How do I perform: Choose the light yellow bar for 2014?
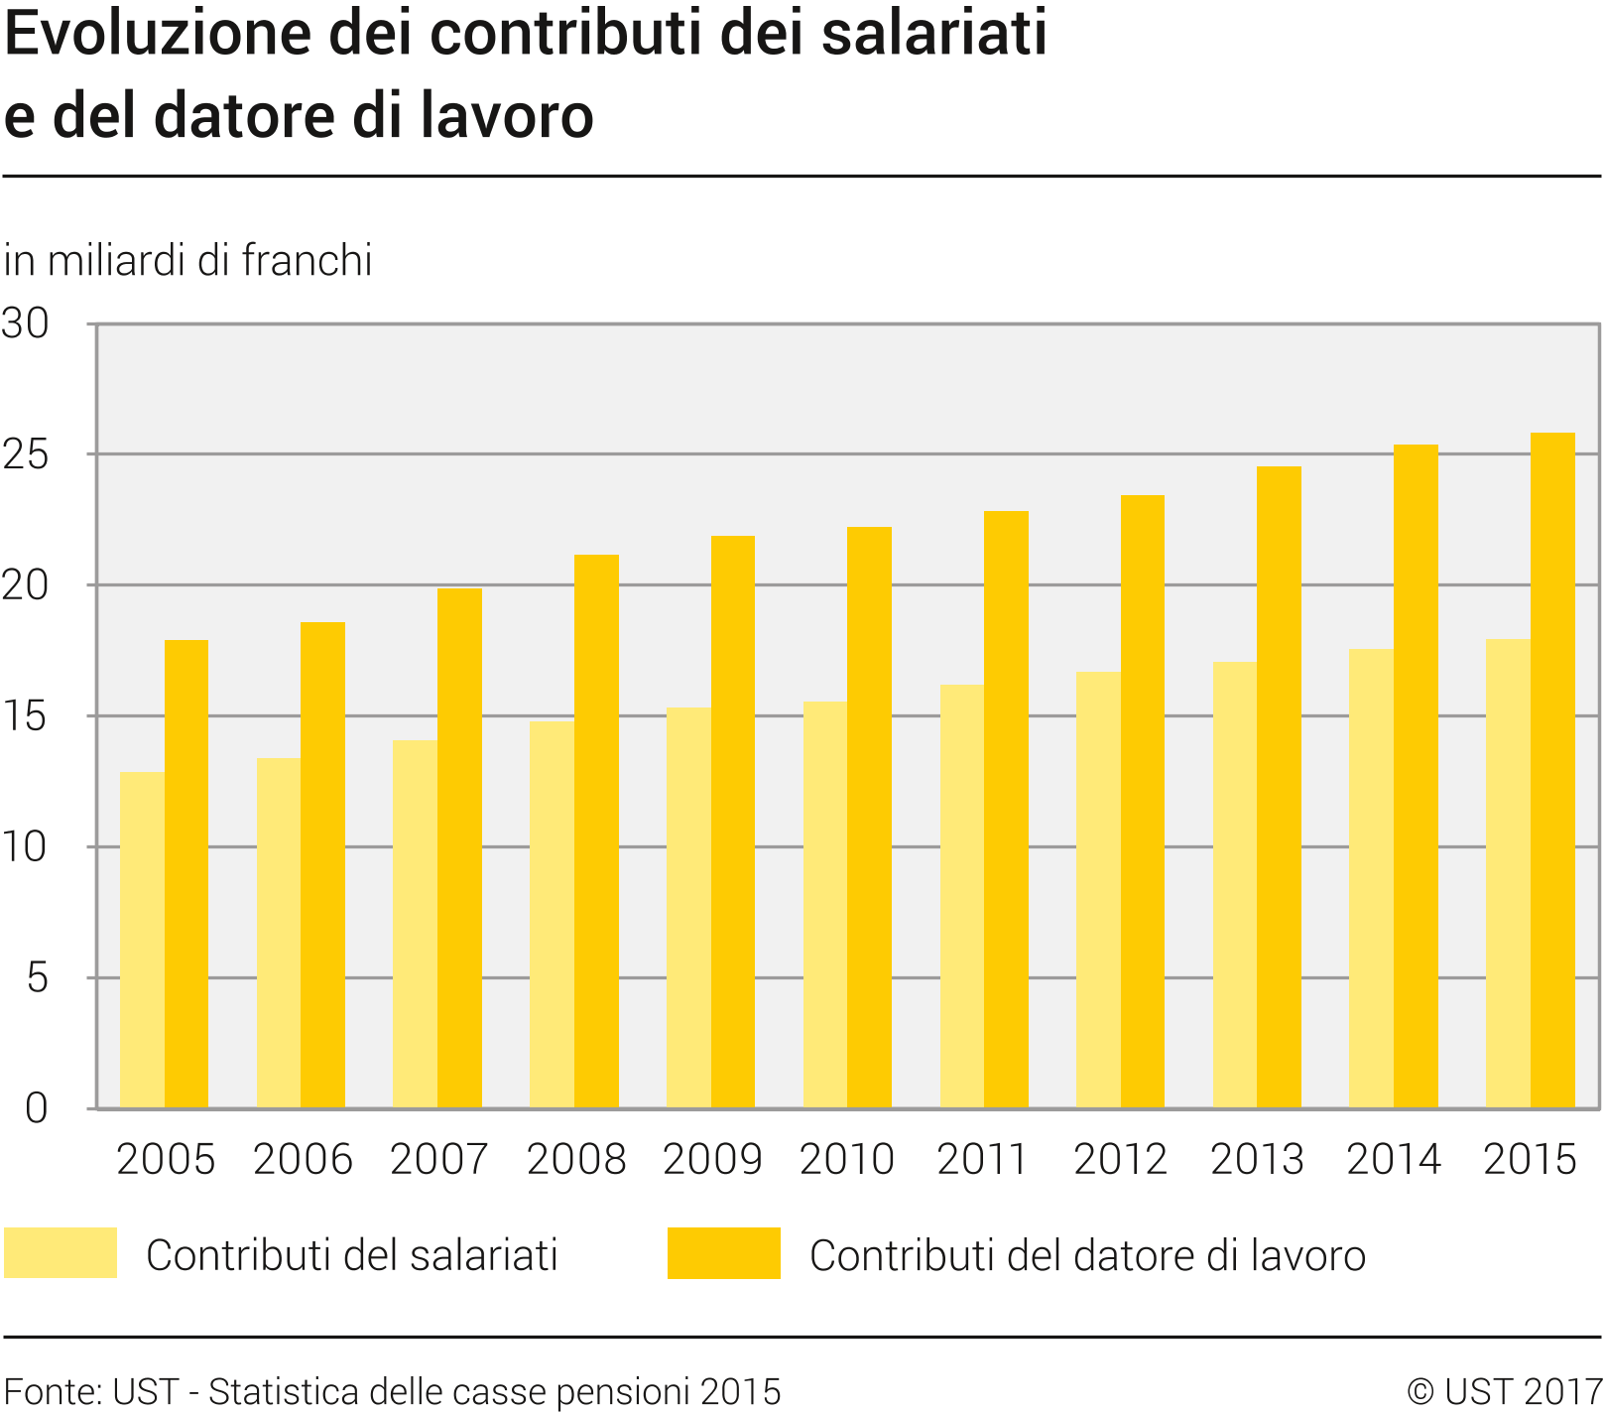1371,878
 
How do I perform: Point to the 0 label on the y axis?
36,1108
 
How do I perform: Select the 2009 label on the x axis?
711,1159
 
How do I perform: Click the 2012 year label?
1120,1159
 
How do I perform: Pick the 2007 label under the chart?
438,1159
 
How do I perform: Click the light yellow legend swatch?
61,1252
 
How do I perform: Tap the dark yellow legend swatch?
723,1252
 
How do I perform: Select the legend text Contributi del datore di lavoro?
1087,1255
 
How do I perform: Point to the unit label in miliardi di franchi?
188,260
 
